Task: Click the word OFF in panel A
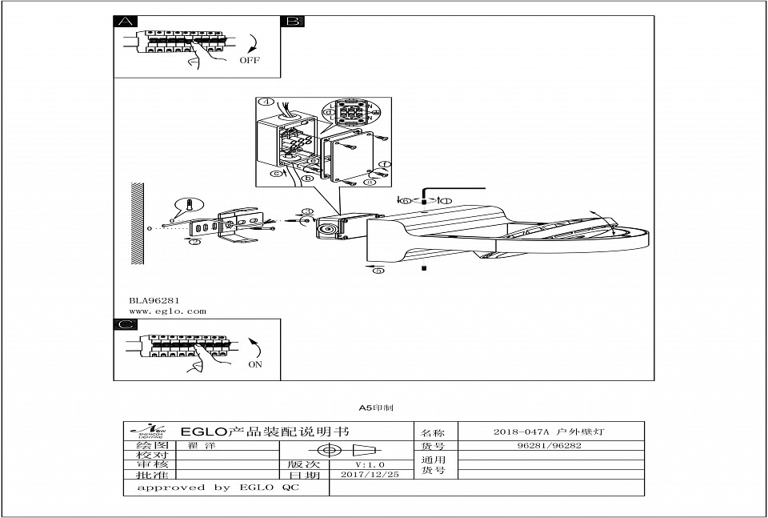tap(250, 60)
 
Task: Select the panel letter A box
tap(124, 22)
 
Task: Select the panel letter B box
tap(291, 22)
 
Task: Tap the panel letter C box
tap(124, 324)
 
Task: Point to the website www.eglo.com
tap(167, 311)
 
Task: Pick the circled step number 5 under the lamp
tap(378, 271)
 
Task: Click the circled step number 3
tap(306, 211)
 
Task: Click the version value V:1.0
tap(370, 464)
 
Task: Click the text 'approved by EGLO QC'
tap(218, 487)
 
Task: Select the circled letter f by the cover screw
tap(383, 166)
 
